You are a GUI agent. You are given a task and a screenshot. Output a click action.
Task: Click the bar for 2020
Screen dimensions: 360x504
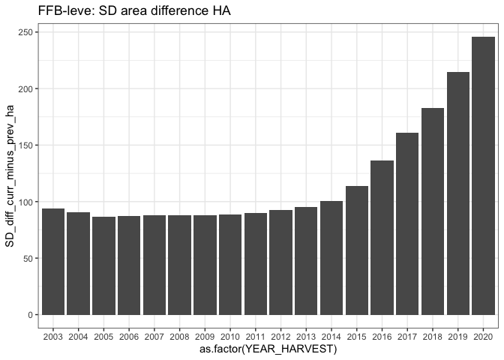coord(483,175)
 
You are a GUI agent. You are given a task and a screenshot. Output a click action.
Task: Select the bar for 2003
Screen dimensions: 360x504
coord(53,262)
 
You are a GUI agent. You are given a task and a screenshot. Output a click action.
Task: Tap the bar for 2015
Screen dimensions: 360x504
coord(357,250)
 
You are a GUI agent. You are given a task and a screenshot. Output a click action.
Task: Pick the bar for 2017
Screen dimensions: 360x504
coord(407,223)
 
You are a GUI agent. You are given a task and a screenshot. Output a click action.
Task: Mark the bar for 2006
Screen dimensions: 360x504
coord(129,265)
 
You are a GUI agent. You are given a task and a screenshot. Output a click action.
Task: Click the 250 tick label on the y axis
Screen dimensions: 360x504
coord(25,32)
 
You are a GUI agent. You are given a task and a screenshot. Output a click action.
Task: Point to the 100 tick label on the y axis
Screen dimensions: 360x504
coord(25,202)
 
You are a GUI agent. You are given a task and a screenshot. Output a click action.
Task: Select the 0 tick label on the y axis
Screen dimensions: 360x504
coord(29,315)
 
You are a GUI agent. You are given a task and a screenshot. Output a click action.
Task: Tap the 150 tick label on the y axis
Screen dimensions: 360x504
coord(25,145)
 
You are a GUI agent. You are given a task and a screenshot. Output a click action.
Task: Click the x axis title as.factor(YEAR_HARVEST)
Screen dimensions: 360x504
coord(267,349)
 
